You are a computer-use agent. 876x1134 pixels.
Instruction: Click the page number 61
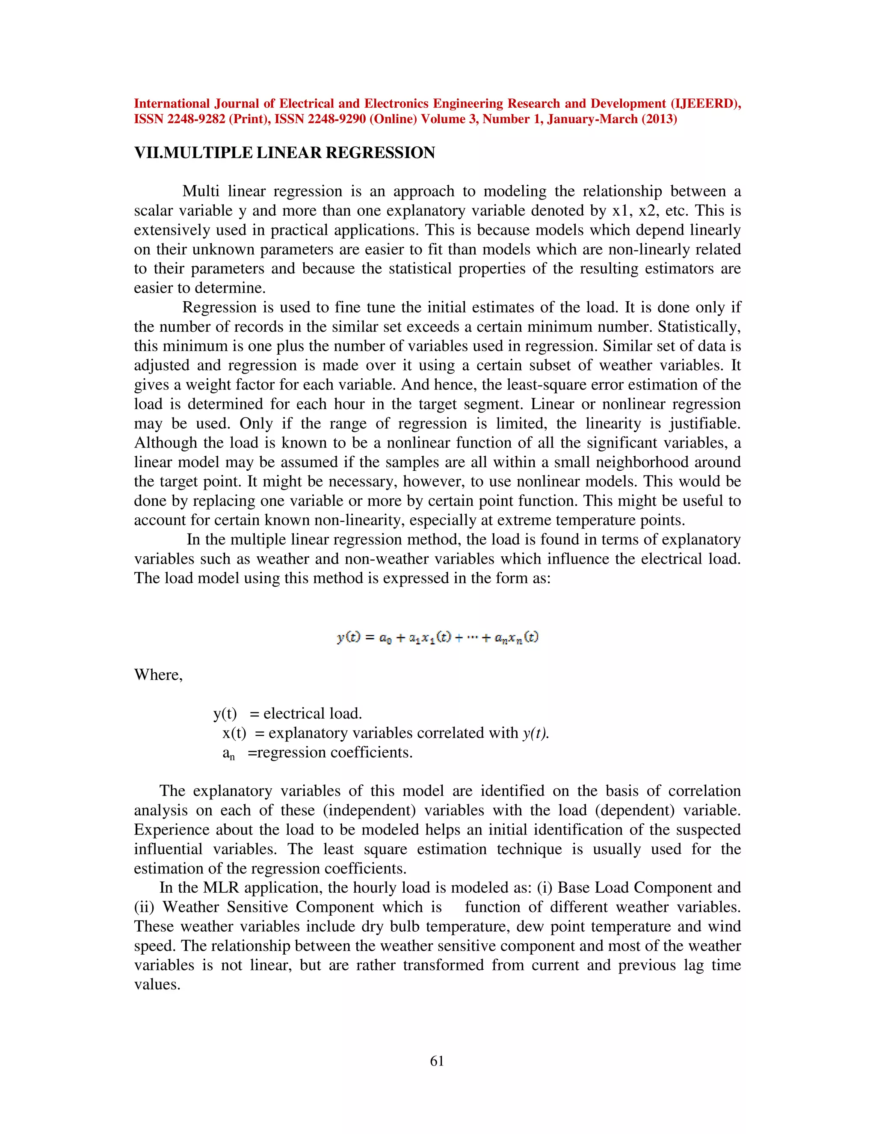pyautogui.click(x=437, y=1061)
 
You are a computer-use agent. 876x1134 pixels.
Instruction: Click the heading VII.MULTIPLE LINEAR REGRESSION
pyautogui.click(x=284, y=153)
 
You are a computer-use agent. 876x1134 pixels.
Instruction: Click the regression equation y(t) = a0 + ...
pyautogui.click(x=438, y=637)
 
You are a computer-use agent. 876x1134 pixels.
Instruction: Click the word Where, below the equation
pyautogui.click(x=158, y=674)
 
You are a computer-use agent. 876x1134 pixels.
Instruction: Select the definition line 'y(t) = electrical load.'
pyautogui.click(x=287, y=713)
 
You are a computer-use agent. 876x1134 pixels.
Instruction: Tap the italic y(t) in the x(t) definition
pyautogui.click(x=536, y=733)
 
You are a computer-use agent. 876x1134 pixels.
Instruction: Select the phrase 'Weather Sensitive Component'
pyautogui.click(x=268, y=907)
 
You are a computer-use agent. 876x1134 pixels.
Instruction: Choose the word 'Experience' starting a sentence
pyautogui.click(x=171, y=830)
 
